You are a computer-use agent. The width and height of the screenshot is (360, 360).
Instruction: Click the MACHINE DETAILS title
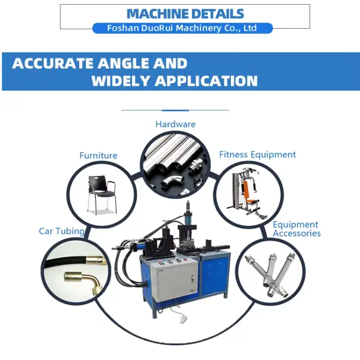(185, 14)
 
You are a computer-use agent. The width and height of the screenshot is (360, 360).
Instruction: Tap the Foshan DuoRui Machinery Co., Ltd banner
(183, 28)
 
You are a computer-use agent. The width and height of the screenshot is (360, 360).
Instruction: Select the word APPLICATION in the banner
(206, 81)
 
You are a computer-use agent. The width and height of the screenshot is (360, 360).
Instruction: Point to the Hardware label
(175, 124)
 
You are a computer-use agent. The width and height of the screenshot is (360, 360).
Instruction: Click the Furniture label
(98, 155)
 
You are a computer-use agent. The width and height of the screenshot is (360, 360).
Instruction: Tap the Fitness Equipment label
(257, 154)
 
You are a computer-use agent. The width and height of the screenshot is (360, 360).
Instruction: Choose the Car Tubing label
(62, 231)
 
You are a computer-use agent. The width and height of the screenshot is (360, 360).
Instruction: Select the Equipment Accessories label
(296, 229)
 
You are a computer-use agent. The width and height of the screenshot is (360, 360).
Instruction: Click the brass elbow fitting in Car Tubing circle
(83, 281)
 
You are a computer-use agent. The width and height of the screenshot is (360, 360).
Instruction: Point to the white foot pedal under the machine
(184, 319)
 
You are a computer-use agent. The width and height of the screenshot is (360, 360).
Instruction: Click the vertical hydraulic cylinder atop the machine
(188, 213)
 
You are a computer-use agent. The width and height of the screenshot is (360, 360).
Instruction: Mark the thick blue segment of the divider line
(175, 111)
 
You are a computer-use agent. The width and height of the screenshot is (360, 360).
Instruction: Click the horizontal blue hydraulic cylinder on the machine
(137, 246)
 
